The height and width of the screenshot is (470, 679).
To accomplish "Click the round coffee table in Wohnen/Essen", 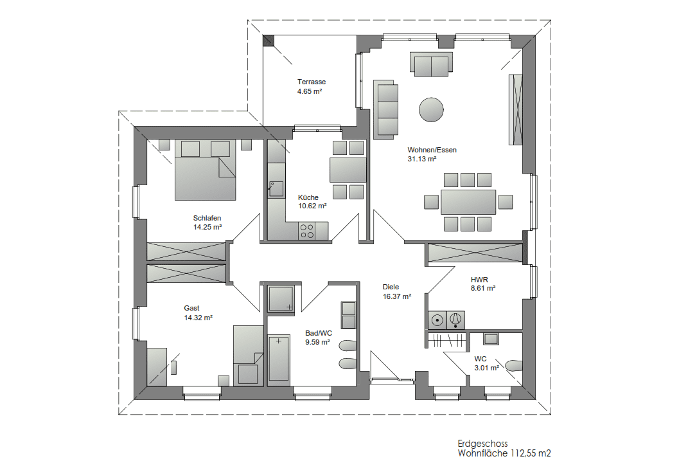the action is click(431, 109).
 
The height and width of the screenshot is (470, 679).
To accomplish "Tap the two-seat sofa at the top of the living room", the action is click(431, 64).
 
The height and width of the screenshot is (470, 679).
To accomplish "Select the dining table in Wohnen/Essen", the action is click(468, 202).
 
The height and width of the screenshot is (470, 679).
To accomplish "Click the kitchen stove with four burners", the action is click(307, 231).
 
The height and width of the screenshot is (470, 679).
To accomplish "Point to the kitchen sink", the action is click(276, 189).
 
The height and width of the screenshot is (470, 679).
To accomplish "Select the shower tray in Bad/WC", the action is click(281, 298).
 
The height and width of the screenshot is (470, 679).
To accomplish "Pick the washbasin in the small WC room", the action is click(491, 339).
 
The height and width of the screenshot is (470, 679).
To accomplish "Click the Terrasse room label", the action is click(312, 82).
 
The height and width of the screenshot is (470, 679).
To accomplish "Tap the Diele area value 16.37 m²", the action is click(396, 296).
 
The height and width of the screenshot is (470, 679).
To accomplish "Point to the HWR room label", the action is click(479, 280).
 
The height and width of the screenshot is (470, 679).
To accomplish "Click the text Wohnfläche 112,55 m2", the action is click(504, 453).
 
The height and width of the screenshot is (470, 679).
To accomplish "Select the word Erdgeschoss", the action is click(482, 444).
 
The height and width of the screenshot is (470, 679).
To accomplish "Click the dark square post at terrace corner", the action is click(269, 41).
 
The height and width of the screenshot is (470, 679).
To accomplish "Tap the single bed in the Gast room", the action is click(248, 355).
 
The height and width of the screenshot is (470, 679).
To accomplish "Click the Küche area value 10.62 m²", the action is click(312, 206).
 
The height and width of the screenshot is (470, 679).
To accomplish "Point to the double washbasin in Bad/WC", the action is click(349, 315).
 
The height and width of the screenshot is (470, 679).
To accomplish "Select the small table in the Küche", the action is click(348, 170).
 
